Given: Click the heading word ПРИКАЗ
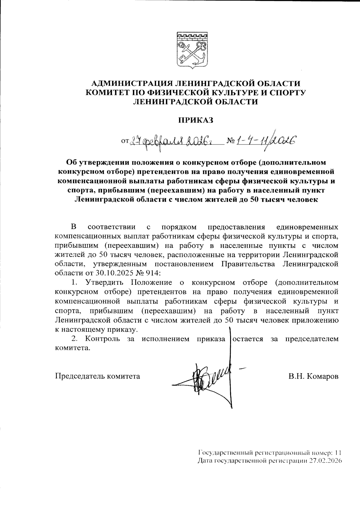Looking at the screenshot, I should pos(195,121).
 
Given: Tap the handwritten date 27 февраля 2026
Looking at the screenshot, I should pos(175,140).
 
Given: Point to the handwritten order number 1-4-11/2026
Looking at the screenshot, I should pos(265,139).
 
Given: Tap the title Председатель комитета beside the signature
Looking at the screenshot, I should pos(97,376).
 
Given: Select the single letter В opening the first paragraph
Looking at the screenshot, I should pos(73,226).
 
